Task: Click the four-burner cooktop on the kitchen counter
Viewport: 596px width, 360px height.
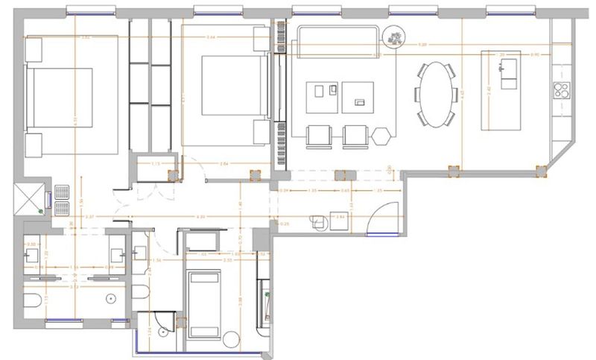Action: [x=561, y=92]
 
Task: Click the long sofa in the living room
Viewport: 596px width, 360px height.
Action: [x=335, y=40]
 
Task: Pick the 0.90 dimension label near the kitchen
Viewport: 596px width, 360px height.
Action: [x=534, y=55]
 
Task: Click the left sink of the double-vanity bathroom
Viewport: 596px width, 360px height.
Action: [x=31, y=253]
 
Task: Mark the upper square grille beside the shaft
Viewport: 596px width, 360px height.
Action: [x=62, y=189]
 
